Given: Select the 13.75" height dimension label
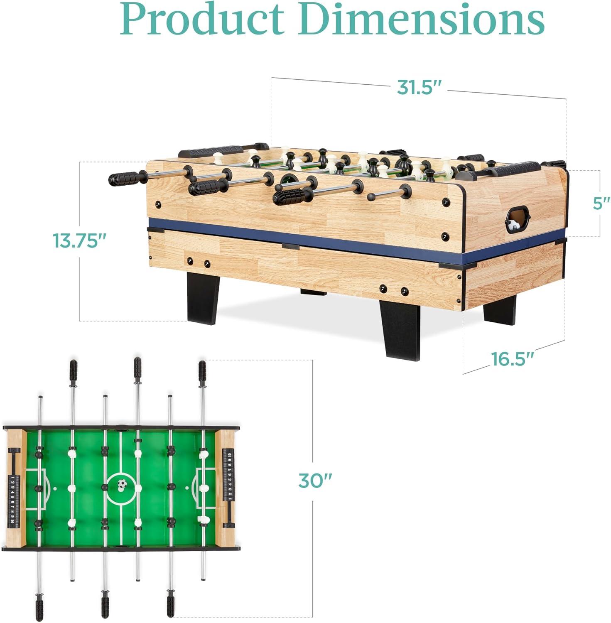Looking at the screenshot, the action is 80,240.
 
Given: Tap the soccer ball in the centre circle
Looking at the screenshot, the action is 122,484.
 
